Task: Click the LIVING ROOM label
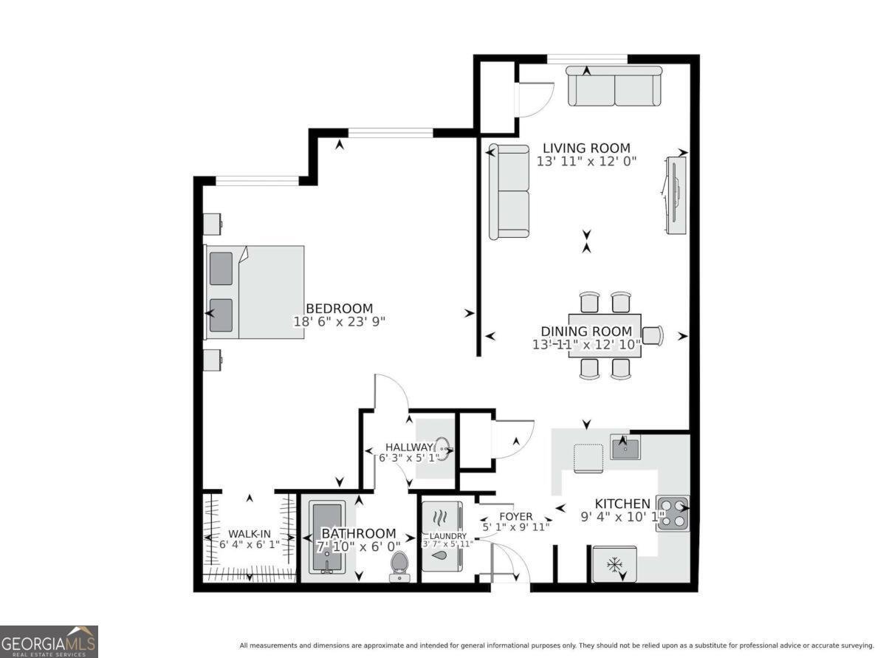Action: [x=587, y=148]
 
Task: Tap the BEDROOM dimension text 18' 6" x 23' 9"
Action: [x=339, y=321]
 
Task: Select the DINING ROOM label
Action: [x=586, y=332]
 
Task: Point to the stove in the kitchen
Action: [x=672, y=513]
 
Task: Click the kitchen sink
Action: [x=625, y=447]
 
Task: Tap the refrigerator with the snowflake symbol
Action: [x=614, y=565]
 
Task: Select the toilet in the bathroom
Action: [x=399, y=565]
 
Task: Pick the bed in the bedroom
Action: [x=255, y=292]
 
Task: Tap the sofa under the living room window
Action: [x=614, y=86]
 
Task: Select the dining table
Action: [x=605, y=335]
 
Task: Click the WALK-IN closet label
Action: [x=249, y=533]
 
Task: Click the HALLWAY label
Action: [x=408, y=447]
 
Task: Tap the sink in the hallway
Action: [x=442, y=448]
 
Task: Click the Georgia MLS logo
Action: [x=49, y=642]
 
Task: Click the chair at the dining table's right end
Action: [x=653, y=335]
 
